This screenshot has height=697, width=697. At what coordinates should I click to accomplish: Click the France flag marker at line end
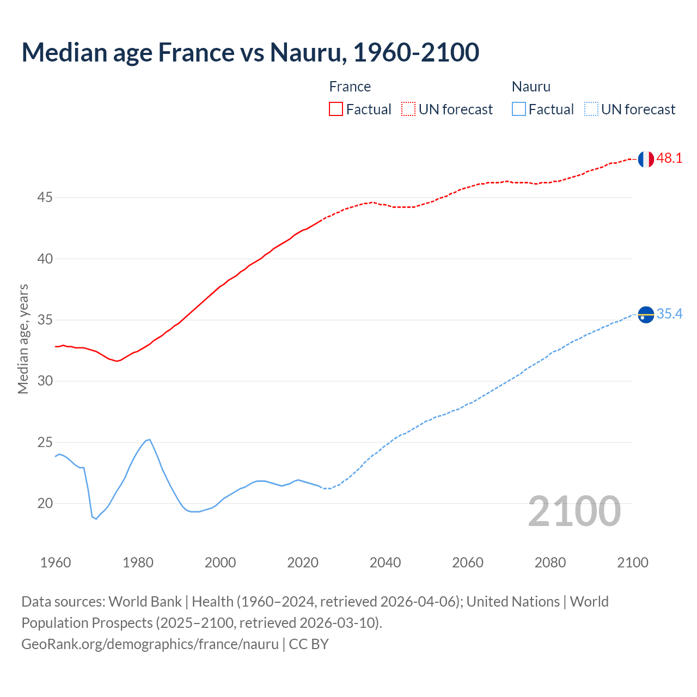[x=646, y=159]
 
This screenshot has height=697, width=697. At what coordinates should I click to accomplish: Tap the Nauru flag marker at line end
[x=646, y=314]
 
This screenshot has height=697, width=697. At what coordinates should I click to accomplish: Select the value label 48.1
[x=669, y=158]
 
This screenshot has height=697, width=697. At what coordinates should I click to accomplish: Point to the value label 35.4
[x=669, y=314]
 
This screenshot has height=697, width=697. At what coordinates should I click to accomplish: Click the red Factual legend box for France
[x=336, y=109]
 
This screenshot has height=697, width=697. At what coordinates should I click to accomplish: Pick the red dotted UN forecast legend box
[x=408, y=109]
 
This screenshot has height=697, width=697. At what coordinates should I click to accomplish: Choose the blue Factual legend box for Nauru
[x=518, y=109]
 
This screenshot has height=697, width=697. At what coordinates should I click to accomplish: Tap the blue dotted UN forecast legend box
[x=591, y=109]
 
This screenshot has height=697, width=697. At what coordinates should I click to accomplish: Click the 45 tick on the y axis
[x=45, y=197]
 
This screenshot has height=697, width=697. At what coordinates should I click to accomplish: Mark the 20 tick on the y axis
[x=45, y=503]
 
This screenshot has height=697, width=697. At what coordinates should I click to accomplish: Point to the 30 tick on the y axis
[x=45, y=381]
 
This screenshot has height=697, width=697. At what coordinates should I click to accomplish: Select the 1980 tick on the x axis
[x=138, y=563]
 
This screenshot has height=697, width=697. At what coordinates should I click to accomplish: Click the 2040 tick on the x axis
[x=385, y=563]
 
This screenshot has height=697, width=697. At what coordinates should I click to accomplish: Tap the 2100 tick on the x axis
[x=632, y=563]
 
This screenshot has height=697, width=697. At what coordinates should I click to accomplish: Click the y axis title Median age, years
[x=23, y=339]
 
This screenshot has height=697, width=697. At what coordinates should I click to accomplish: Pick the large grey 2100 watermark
[x=574, y=511]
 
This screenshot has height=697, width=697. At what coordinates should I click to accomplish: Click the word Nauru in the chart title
[x=308, y=52]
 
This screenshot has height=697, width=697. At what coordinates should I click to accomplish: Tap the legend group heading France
[x=350, y=87]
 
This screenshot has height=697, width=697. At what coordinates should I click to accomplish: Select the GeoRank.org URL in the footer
[x=150, y=644]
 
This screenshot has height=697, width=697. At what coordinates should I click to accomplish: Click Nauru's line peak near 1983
[x=149, y=439]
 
